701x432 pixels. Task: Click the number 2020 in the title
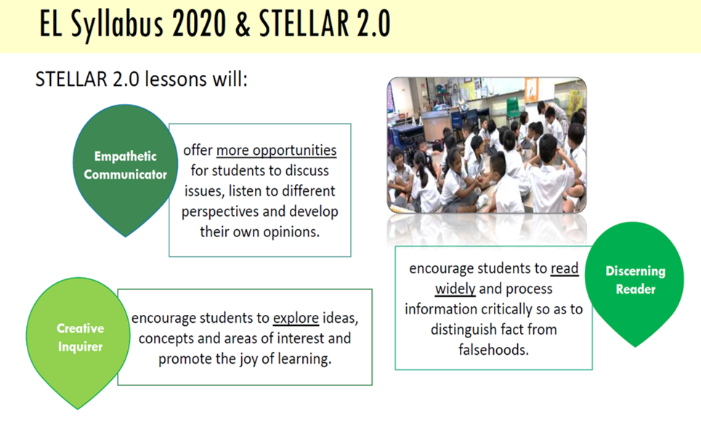click(199, 24)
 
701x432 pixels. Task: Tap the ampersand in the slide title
click(243, 24)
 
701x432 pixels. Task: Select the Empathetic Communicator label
click(125, 165)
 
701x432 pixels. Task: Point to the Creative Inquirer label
click(81, 337)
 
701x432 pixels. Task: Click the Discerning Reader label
click(636, 280)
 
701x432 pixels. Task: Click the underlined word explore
click(296, 318)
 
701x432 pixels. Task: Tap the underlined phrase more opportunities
click(276, 151)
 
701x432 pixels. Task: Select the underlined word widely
click(455, 289)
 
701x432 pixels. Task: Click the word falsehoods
click(493, 350)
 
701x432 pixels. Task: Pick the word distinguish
click(461, 329)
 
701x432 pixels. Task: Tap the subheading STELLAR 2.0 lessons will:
click(141, 80)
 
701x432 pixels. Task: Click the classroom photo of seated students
click(487, 145)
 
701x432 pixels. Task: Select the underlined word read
click(564, 268)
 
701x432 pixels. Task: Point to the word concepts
click(166, 339)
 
